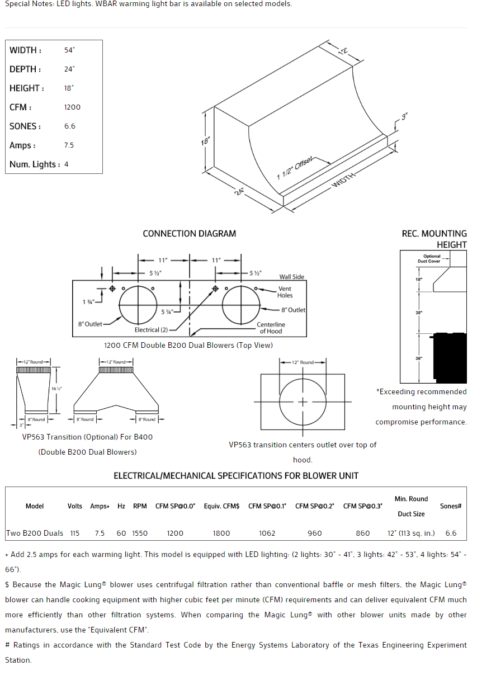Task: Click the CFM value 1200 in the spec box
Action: tap(72, 107)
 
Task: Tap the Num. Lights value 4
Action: tap(66, 164)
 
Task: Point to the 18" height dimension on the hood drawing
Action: tap(205, 141)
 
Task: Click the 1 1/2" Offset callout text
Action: tap(295, 168)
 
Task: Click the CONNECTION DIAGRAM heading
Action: tap(189, 234)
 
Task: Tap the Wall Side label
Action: tap(292, 277)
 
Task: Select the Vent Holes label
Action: tap(285, 292)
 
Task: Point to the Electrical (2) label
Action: tap(151, 330)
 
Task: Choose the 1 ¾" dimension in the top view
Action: tap(88, 302)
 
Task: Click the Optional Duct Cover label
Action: tap(432, 259)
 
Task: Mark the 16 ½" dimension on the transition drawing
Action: tap(57, 388)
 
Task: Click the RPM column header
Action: tap(140, 506)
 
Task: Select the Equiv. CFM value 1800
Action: tap(221, 533)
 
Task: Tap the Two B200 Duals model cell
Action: tap(35, 533)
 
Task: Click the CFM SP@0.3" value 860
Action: tap(363, 533)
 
